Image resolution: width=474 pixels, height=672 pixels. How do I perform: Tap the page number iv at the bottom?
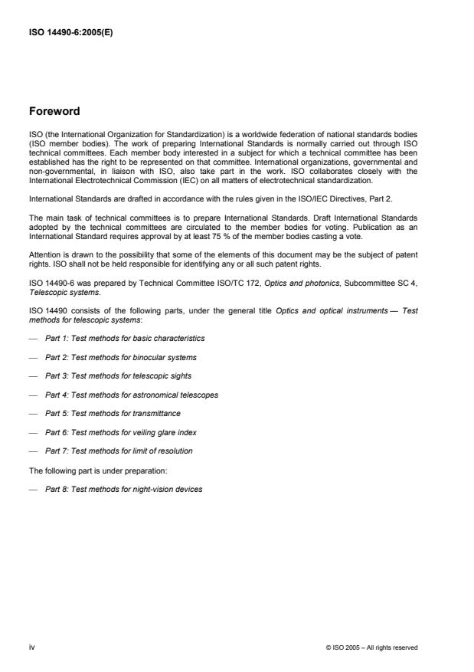click(x=32, y=647)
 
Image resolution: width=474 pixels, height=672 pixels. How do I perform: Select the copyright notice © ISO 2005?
click(x=371, y=647)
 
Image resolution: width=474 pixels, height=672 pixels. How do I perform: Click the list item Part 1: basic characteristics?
click(x=125, y=338)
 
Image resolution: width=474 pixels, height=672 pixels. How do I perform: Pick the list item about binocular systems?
click(x=121, y=357)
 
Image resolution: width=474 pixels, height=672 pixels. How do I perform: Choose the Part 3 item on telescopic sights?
click(x=118, y=375)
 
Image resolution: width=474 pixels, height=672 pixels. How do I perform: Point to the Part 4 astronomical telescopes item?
click(x=132, y=395)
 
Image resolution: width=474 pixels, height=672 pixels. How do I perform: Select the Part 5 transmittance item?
click(x=113, y=413)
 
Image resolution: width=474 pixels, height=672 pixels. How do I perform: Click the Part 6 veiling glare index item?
click(x=121, y=432)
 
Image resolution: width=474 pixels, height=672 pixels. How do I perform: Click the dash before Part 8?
click(x=32, y=488)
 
